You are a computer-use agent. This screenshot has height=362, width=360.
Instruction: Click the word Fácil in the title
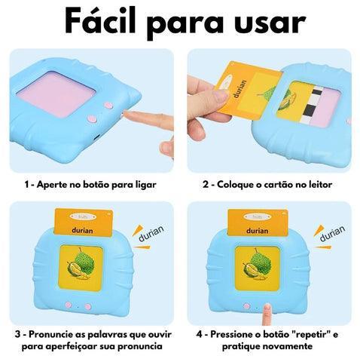(x=100, y=20)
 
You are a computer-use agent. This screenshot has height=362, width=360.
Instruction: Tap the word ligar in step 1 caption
(x=145, y=186)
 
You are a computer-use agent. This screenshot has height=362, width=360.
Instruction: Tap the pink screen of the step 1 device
(x=56, y=94)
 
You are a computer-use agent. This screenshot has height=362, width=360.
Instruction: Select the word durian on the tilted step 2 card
(x=239, y=89)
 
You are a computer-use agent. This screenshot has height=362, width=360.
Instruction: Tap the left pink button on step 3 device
(x=68, y=305)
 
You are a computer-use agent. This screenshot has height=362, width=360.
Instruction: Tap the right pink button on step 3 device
(x=88, y=306)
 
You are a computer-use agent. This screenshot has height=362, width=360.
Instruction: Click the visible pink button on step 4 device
(x=247, y=306)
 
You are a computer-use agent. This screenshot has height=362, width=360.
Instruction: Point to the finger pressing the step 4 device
(x=267, y=314)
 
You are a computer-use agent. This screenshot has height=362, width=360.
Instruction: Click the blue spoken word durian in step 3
(x=151, y=234)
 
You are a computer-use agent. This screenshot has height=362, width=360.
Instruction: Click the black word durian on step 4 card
(x=258, y=231)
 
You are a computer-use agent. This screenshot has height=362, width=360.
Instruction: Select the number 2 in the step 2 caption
(x=206, y=185)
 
